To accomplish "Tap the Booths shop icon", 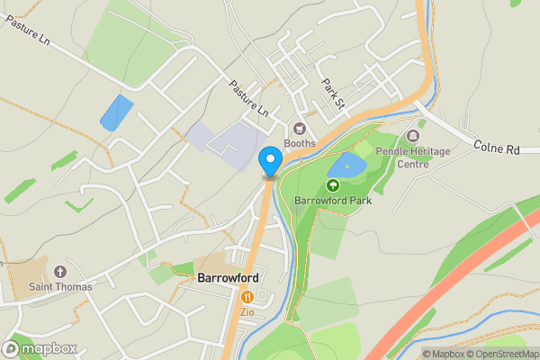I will pyautogui.click(x=301, y=128).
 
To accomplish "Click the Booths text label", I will pyautogui.click(x=301, y=142).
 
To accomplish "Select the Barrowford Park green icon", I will pyautogui.click(x=332, y=186).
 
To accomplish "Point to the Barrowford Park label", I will pyautogui.click(x=332, y=200).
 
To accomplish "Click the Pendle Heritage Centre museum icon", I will pyautogui.click(x=413, y=136).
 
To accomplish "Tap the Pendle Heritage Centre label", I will pyautogui.click(x=413, y=157).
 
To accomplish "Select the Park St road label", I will pyautogui.click(x=334, y=94).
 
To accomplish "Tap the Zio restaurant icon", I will pyautogui.click(x=247, y=296).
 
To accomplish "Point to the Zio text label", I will pyautogui.click(x=247, y=311).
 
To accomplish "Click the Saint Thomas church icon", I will pyautogui.click(x=60, y=272).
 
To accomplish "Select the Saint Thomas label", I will pyautogui.click(x=60, y=286).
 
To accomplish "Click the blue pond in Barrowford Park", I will pyautogui.click(x=346, y=166).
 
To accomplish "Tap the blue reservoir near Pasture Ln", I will pyautogui.click(x=116, y=112).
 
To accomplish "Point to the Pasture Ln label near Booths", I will pyautogui.click(x=248, y=99).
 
